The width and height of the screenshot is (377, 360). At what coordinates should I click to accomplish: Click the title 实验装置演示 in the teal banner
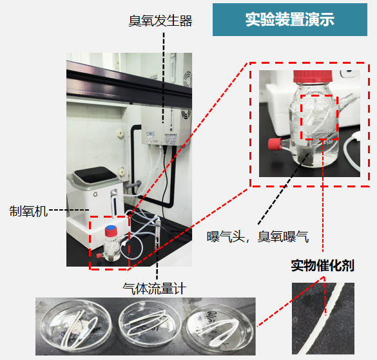(x=290, y=19)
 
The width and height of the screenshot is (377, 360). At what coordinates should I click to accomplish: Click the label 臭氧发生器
(x=160, y=21)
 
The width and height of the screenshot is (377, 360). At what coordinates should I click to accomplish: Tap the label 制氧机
(x=28, y=211)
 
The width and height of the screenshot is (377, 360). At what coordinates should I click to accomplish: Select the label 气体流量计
(x=154, y=289)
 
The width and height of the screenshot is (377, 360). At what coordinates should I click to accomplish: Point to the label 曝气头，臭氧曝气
(x=258, y=237)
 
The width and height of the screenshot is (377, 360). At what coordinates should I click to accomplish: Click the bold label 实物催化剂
(x=323, y=266)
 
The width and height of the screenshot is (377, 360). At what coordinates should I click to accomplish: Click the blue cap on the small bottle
(x=111, y=231)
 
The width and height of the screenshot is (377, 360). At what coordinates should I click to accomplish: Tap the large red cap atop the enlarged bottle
(x=313, y=76)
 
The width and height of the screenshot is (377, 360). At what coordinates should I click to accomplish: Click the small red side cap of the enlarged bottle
(x=275, y=144)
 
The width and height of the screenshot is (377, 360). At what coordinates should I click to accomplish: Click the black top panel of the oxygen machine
(x=95, y=175)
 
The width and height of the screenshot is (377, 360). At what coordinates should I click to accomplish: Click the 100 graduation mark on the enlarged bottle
(x=329, y=142)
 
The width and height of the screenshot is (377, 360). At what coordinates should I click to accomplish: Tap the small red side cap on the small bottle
(x=99, y=256)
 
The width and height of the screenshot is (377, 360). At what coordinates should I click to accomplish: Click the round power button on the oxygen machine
(x=95, y=194)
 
